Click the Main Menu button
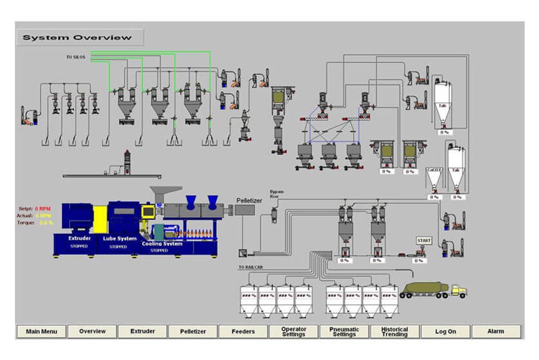(x=42, y=332)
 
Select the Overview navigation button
(x=92, y=332)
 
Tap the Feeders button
(x=243, y=332)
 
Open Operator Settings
(x=294, y=332)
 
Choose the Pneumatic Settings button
(x=344, y=332)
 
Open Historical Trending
(x=394, y=332)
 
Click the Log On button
(x=445, y=332)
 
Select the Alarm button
(x=495, y=332)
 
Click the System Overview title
(x=77, y=38)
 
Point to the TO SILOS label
(x=76, y=57)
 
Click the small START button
(x=424, y=240)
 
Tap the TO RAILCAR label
(x=250, y=268)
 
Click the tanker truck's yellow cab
(x=458, y=290)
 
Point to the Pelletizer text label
(x=250, y=200)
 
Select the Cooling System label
(x=162, y=244)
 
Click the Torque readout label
(x=26, y=222)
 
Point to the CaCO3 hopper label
(x=434, y=170)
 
